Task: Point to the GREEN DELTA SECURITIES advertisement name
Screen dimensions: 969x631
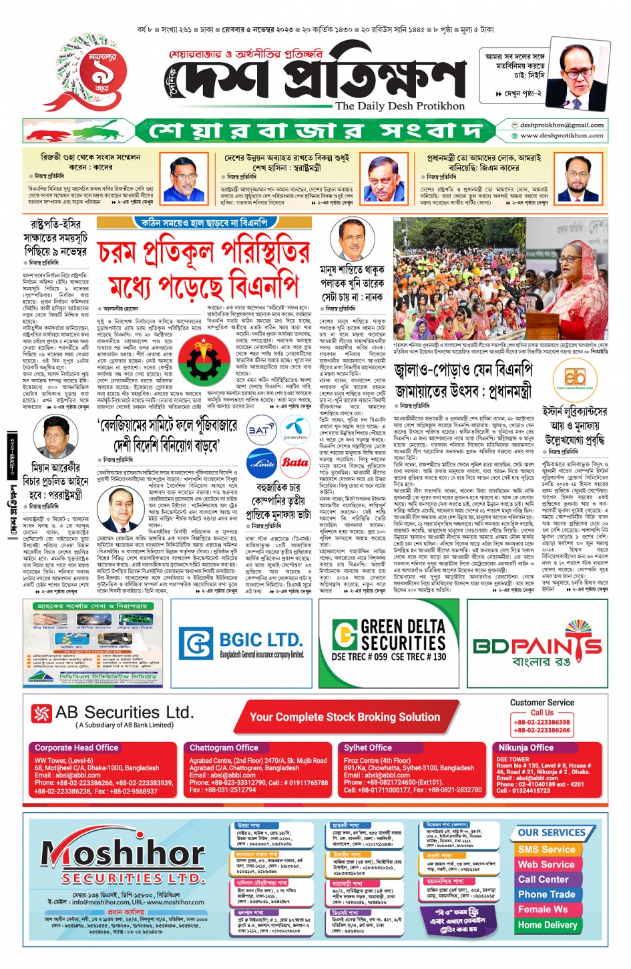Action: pos(390,636)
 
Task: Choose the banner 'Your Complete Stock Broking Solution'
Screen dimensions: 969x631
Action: pos(345,717)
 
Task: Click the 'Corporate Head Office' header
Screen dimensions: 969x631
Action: pos(76,748)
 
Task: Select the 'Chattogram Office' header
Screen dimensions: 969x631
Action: pos(224,748)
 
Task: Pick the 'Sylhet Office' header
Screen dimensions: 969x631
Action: pos(368,748)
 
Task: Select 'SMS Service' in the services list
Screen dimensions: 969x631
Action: pos(546,850)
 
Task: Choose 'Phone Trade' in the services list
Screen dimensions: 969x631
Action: pos(546,894)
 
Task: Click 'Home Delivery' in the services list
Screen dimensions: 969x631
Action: pos(548,925)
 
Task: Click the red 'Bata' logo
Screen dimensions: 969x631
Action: pos(294,462)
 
